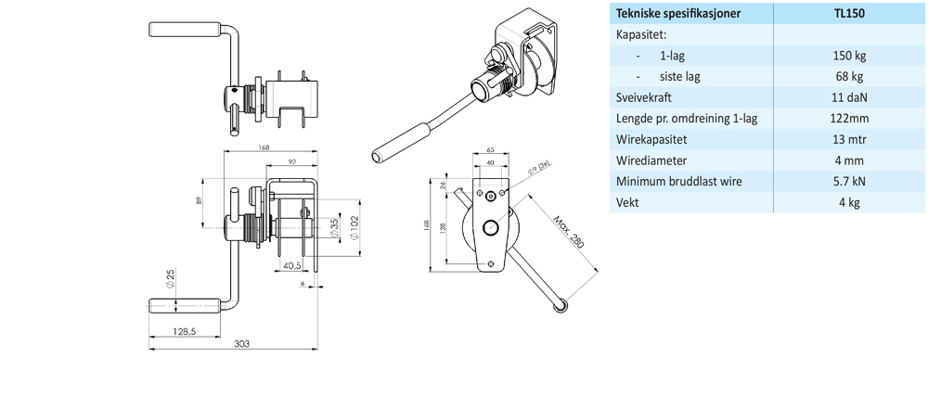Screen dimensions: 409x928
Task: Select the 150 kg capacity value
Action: [x=849, y=56]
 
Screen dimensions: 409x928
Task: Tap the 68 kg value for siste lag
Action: [x=849, y=77]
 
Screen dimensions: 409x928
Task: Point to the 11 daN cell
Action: [x=849, y=97]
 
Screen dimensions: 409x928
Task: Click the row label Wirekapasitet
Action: [x=653, y=139]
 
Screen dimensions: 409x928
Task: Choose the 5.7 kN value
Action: [x=849, y=181]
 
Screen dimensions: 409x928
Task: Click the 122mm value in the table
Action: [x=849, y=119]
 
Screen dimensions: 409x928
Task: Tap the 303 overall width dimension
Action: [x=241, y=344]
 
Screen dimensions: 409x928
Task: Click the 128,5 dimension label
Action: [x=184, y=331]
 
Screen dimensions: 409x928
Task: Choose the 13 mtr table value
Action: [x=849, y=139]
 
